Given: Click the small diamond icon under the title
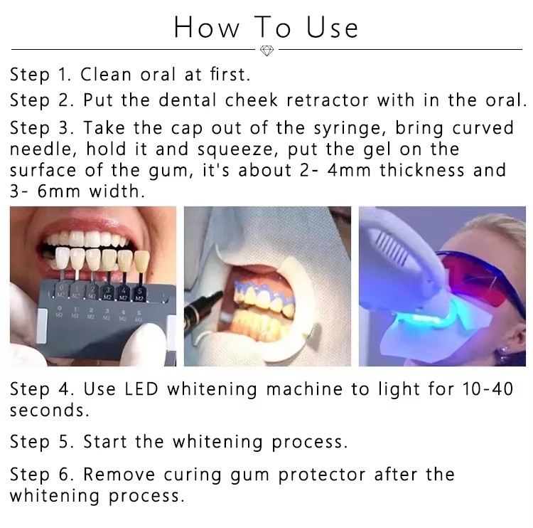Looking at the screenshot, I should point(267,51).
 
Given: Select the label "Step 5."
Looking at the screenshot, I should point(42,442).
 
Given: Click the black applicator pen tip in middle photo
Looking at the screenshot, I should point(203,307).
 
